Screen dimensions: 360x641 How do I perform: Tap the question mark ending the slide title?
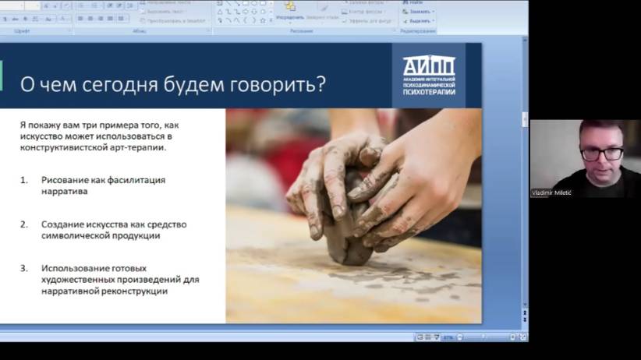320,83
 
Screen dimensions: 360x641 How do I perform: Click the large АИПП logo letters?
428,66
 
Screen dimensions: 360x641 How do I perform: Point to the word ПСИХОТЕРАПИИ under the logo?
428,92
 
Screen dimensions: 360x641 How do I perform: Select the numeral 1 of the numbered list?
23,180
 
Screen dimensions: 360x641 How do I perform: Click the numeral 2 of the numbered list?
23,224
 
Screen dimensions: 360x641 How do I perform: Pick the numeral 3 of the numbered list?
23,269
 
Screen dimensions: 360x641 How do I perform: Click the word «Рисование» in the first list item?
65,180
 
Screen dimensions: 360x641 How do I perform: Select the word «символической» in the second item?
73,235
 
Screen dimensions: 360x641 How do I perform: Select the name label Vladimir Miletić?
552,192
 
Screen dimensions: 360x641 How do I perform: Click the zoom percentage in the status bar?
448,337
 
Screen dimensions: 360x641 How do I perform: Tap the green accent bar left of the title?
2,76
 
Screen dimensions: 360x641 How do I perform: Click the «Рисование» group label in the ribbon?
302,30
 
